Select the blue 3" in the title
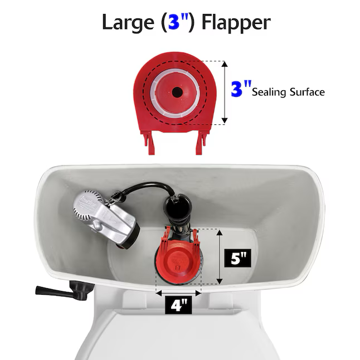pyautogui.click(x=177, y=22)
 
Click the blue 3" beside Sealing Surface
pyautogui.click(x=241, y=88)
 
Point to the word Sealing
pyautogui.click(x=269, y=93)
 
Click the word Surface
pyautogui.click(x=307, y=92)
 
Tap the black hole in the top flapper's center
pyautogui.click(x=177, y=93)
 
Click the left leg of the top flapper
pyautogui.click(x=148, y=142)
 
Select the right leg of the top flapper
pyautogui.click(x=201, y=142)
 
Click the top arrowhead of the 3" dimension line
pyautogui.click(x=225, y=64)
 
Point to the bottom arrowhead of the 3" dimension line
pyautogui.click(x=225, y=121)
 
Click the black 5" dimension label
pyautogui.click(x=237, y=258)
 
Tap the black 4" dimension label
pyautogui.click(x=178, y=305)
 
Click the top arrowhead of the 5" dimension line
pyautogui.click(x=220, y=232)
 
